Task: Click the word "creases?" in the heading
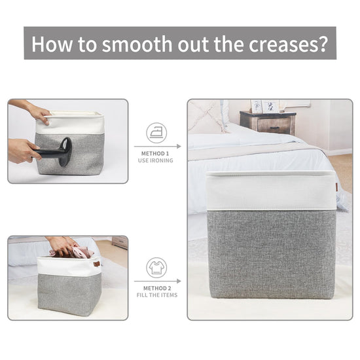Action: point(289,45)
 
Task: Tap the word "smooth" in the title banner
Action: point(137,44)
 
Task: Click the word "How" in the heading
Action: point(52,44)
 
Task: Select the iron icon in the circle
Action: point(156,133)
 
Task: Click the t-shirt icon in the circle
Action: point(156,268)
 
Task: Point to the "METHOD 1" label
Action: point(155,154)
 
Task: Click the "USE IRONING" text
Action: point(155,160)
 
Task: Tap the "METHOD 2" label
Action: point(157,288)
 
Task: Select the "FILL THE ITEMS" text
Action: point(157,295)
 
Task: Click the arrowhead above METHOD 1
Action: point(179,146)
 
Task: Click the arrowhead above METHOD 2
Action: point(179,281)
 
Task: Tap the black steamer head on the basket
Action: point(65,152)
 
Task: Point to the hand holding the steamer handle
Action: point(23,151)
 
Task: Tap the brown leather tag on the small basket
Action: point(97,264)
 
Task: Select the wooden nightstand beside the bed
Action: point(268,123)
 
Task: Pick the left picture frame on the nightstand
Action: point(256,106)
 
